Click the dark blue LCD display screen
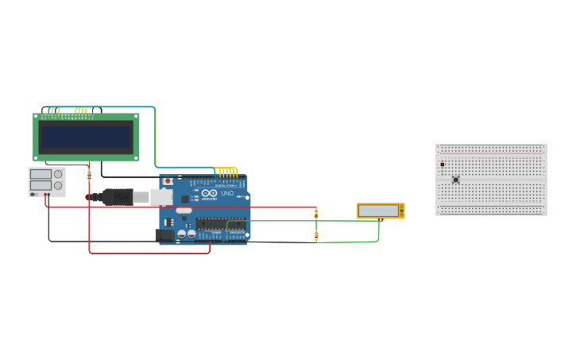click(87, 137)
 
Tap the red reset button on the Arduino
click(168, 181)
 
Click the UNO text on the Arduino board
click(227, 193)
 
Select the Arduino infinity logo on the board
click(210, 193)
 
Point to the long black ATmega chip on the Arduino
click(220, 223)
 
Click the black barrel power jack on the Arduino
click(165, 234)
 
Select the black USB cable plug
click(117, 196)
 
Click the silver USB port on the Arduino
click(161, 196)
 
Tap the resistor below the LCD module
click(89, 175)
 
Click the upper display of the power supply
click(41, 174)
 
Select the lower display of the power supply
click(41, 185)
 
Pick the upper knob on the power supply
click(58, 174)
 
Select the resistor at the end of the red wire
click(316, 213)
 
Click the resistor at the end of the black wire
click(316, 235)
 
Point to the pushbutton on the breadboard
click(455, 180)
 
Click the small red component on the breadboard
click(442, 165)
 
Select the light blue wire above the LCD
click(119, 106)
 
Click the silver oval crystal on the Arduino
click(184, 211)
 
